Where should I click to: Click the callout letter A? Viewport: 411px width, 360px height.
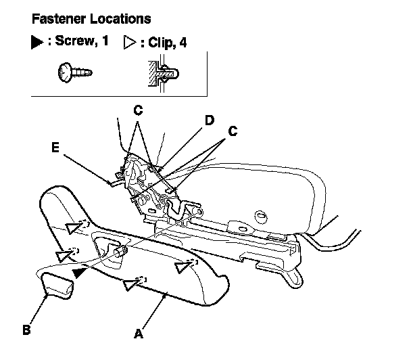[138, 333]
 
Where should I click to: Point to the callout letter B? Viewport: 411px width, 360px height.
[26, 330]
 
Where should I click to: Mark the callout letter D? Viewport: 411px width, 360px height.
[210, 120]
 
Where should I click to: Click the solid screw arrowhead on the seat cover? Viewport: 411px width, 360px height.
[81, 273]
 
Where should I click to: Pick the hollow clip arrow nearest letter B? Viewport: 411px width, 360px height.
[65, 254]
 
